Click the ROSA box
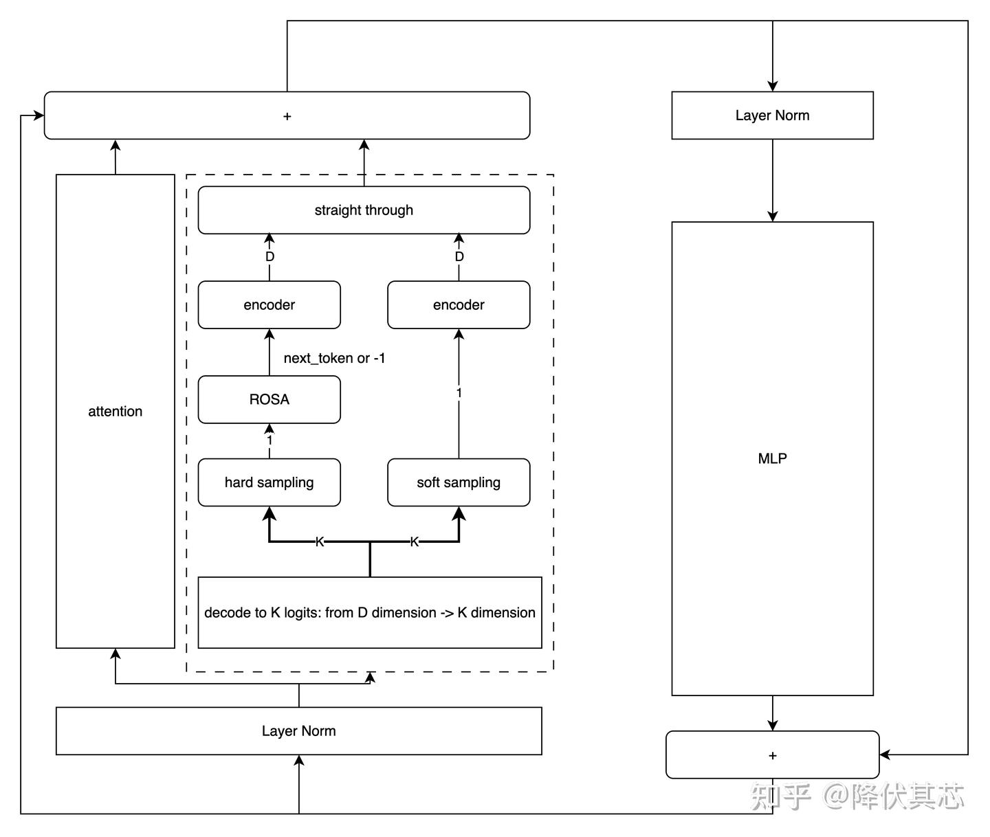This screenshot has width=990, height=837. (x=269, y=399)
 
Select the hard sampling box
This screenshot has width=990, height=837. (x=269, y=482)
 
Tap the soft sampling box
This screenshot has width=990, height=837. (x=459, y=482)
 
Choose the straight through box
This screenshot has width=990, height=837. (x=364, y=210)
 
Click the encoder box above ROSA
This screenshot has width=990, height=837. (x=269, y=304)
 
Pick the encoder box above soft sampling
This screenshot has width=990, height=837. (x=459, y=304)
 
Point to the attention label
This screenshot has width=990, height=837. (x=115, y=412)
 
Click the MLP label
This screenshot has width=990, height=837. (x=772, y=458)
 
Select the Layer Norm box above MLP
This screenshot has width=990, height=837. (x=772, y=115)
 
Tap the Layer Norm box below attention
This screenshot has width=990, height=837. (x=299, y=730)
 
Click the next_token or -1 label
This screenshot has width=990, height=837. (x=334, y=358)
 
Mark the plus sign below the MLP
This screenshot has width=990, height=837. (x=772, y=756)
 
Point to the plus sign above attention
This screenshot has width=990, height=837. (x=287, y=116)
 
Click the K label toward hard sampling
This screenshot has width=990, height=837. (x=320, y=542)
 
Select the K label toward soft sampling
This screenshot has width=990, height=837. (x=415, y=542)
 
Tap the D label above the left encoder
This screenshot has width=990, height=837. (x=269, y=256)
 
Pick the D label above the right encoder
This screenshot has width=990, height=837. (x=459, y=256)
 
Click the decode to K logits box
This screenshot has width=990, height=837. (x=370, y=612)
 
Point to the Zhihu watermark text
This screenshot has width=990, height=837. (x=857, y=796)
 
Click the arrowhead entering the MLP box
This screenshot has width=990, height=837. (x=772, y=216)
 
